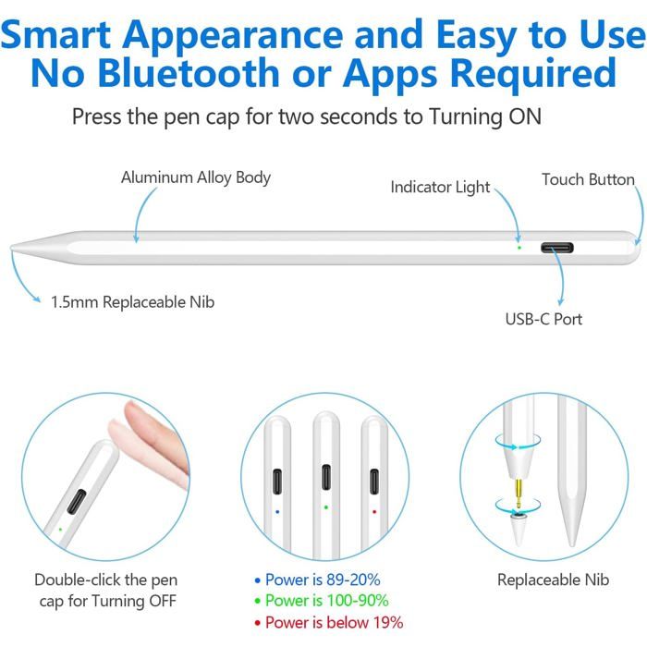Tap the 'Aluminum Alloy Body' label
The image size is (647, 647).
(x=196, y=177)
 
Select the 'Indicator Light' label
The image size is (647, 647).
(x=440, y=187)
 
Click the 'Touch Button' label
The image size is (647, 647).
(x=588, y=179)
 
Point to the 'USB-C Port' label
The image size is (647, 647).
(x=543, y=319)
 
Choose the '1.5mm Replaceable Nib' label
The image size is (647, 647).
(x=133, y=301)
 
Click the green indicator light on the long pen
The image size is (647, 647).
(x=519, y=247)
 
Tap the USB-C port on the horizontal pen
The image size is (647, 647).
(x=558, y=248)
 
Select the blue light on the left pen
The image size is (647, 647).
(x=277, y=509)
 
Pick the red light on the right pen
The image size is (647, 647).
(x=373, y=509)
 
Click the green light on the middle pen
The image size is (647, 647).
(x=325, y=507)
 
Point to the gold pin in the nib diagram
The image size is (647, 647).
(x=517, y=482)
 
